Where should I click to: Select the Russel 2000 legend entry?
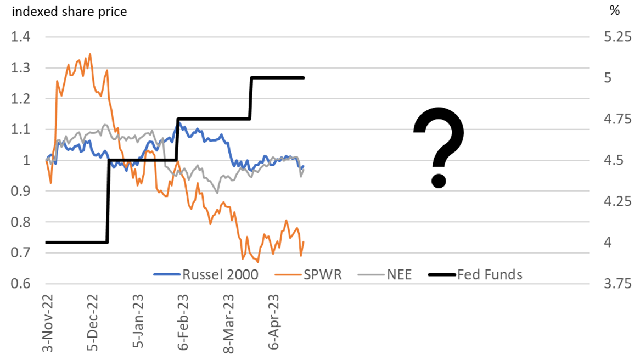tap(205, 274)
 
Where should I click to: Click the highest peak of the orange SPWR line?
tap(90, 54)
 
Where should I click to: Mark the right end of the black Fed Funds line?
tap(304, 77)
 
